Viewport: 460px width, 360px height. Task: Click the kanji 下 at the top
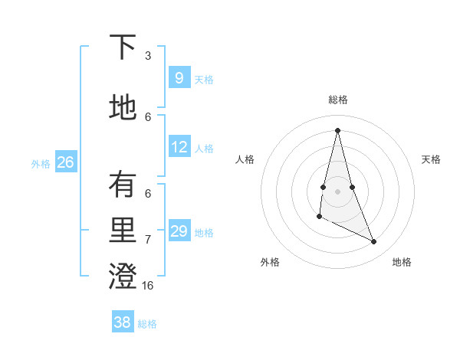click(x=123, y=47)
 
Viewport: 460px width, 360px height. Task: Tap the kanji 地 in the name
click(x=123, y=107)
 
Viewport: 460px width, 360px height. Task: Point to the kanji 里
click(x=123, y=231)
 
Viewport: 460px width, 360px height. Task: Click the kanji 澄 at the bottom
click(x=123, y=277)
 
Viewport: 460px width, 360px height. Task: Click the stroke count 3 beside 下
click(x=148, y=56)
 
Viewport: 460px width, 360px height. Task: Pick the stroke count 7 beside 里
click(x=148, y=240)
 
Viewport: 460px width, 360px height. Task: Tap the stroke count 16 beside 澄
click(x=148, y=286)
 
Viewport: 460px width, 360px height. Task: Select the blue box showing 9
click(x=179, y=77)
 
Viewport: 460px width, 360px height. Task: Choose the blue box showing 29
click(x=179, y=231)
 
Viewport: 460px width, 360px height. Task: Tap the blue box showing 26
click(x=65, y=162)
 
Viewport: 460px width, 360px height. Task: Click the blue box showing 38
click(x=122, y=322)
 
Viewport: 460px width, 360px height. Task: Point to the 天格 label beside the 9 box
click(x=204, y=79)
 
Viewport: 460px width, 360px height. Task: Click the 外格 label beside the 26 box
click(x=41, y=163)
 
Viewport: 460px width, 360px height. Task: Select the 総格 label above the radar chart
click(x=338, y=100)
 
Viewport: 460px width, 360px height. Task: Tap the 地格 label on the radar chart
click(x=402, y=262)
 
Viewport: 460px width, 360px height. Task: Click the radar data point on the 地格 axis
click(x=374, y=242)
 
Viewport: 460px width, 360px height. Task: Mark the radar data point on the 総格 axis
click(x=337, y=130)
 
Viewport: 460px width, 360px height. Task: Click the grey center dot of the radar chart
click(x=337, y=191)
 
